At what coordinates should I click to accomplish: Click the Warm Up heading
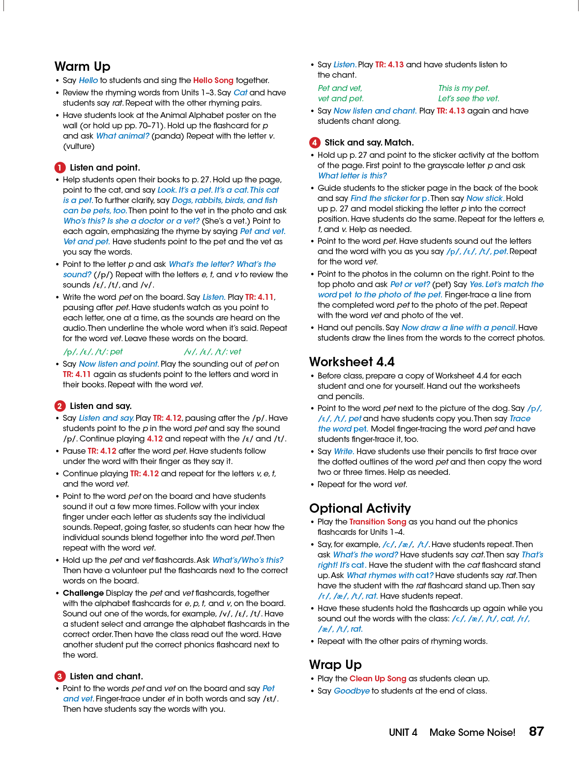(82, 66)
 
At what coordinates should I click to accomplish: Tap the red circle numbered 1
(59, 168)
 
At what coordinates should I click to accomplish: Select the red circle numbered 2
(59, 406)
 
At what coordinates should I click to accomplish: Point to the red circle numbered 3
(59, 676)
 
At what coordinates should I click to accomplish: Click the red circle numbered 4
(315, 143)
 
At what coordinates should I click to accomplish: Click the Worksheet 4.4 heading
(352, 362)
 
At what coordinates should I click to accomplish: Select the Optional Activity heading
(360, 508)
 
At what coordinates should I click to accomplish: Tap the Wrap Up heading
(335, 665)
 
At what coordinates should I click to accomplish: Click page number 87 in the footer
(536, 731)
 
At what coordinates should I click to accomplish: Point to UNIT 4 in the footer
(403, 732)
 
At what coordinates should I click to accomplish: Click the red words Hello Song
(213, 80)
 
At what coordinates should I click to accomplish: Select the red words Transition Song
(378, 522)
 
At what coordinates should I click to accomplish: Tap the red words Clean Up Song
(378, 678)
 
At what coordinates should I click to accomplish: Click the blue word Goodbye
(352, 691)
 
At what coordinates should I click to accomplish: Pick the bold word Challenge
(83, 593)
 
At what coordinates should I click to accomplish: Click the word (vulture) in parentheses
(79, 146)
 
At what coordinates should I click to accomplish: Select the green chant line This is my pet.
(464, 88)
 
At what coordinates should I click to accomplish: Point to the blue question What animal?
(122, 136)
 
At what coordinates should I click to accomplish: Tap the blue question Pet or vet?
(410, 284)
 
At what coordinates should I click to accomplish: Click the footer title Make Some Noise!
(472, 732)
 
